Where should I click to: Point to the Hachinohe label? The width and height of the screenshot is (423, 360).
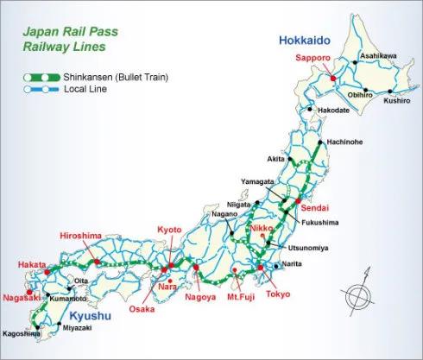point(347,143)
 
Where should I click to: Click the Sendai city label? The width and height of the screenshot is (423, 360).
point(313,208)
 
